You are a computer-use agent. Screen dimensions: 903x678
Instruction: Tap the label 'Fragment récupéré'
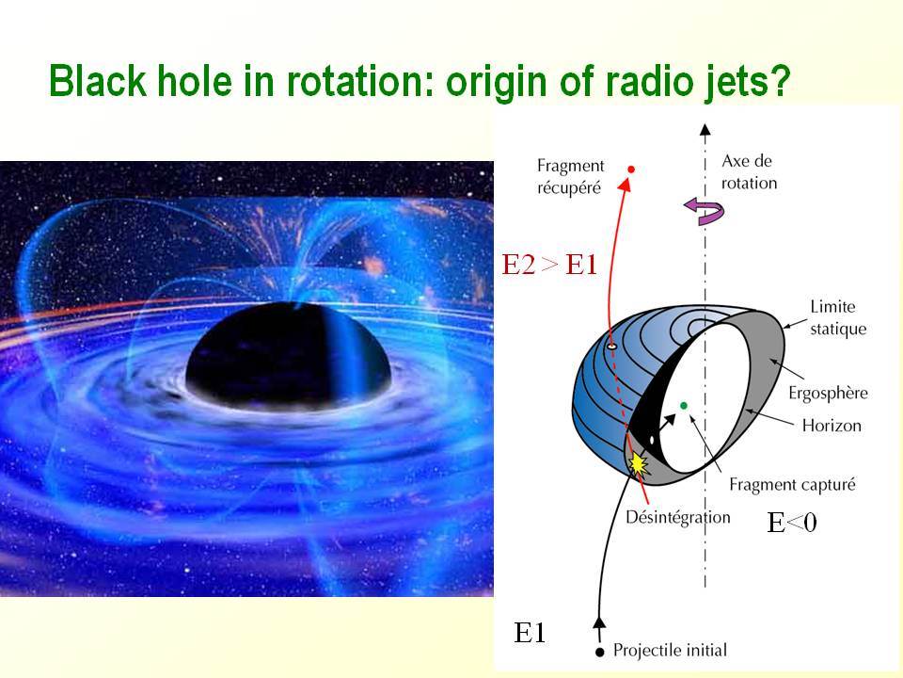click(570, 176)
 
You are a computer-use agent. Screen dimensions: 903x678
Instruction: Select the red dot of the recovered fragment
click(630, 169)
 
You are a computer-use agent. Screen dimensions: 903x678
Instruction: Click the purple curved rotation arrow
click(705, 210)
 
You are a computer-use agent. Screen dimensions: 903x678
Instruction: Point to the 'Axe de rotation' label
click(749, 171)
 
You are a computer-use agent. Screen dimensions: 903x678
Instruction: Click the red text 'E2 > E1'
click(549, 265)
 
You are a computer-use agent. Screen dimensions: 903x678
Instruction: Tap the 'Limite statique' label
click(838, 317)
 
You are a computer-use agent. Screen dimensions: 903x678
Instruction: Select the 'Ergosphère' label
click(828, 393)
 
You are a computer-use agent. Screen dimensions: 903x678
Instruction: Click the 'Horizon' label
click(832, 426)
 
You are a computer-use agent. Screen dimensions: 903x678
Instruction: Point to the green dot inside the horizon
click(684, 405)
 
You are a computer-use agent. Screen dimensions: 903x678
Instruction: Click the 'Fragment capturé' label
click(792, 484)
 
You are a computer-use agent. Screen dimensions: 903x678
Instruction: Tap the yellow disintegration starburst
click(638, 463)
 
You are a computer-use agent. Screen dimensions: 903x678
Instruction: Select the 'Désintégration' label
click(678, 517)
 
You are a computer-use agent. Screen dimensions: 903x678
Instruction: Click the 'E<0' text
click(792, 523)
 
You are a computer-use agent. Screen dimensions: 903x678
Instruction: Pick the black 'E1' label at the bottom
click(530, 633)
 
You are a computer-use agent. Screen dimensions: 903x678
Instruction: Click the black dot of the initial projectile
click(599, 652)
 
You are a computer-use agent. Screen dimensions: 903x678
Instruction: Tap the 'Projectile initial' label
click(670, 651)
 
